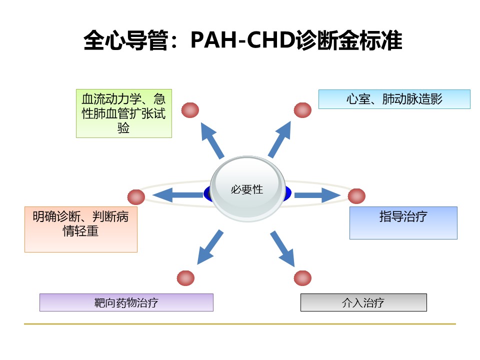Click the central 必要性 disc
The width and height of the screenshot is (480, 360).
(247, 188)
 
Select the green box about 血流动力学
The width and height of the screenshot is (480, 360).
(124, 113)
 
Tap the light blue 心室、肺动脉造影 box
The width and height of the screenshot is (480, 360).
(394, 99)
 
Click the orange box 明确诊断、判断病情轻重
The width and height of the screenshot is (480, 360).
(81, 229)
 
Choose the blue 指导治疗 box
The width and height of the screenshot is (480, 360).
(403, 223)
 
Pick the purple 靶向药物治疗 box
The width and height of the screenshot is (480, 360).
(126, 302)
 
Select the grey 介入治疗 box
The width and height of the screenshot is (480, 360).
(363, 302)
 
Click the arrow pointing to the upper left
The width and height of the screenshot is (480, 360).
(212, 140)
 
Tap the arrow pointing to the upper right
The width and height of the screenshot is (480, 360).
(279, 139)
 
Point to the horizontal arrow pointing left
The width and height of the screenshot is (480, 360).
(178, 195)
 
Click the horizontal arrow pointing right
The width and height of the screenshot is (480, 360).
(317, 195)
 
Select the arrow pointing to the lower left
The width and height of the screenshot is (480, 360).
(210, 247)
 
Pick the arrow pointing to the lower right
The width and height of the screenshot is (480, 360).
(282, 248)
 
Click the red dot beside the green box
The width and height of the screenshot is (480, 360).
(190, 110)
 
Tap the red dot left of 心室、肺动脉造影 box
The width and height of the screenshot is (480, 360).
(303, 110)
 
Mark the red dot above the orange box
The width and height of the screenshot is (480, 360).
(136, 197)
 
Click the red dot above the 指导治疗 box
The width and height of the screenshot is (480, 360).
(356, 196)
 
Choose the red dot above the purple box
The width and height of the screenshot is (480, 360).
(185, 278)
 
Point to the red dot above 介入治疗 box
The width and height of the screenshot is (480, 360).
(303, 278)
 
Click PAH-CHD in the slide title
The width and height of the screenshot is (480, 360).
(243, 40)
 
